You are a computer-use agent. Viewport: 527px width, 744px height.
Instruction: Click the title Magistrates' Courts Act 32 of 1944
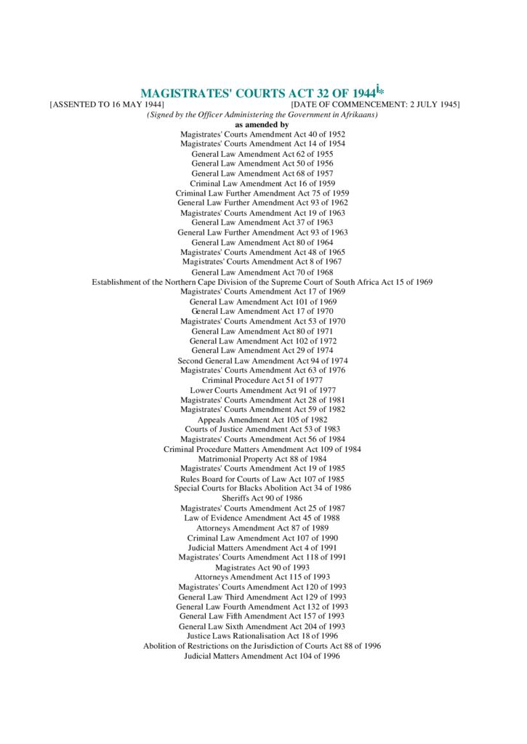point(258,93)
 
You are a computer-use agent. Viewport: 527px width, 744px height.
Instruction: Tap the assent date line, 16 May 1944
point(106,105)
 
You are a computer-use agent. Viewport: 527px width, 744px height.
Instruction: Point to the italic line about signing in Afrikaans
point(262,115)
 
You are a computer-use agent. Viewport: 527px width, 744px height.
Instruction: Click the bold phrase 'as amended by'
point(262,124)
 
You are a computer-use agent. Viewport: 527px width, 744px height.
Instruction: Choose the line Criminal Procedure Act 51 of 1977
point(262,380)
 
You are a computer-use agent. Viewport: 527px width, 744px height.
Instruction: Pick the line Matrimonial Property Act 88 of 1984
point(262,458)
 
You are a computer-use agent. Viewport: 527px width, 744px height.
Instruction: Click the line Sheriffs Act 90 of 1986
point(262,498)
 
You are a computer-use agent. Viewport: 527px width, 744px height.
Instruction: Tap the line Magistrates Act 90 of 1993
point(262,567)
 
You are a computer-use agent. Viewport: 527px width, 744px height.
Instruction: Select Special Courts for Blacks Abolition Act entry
point(262,488)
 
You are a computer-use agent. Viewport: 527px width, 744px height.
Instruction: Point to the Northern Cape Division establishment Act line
point(262,282)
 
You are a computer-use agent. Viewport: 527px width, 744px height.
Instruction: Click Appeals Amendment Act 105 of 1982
point(262,419)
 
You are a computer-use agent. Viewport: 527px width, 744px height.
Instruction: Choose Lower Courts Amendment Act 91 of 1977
point(262,390)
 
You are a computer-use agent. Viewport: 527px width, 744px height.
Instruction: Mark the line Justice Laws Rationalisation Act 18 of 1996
point(262,636)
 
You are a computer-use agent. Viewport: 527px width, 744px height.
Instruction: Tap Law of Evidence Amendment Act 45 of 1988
point(262,518)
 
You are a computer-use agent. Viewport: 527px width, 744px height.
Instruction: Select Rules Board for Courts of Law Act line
point(262,479)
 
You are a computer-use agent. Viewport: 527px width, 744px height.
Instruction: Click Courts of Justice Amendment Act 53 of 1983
point(262,429)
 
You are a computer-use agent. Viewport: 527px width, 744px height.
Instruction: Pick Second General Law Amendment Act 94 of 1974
point(262,360)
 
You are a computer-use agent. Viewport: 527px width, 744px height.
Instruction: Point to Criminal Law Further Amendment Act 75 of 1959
point(262,193)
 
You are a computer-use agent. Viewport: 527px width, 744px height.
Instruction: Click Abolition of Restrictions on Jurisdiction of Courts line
point(262,646)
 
